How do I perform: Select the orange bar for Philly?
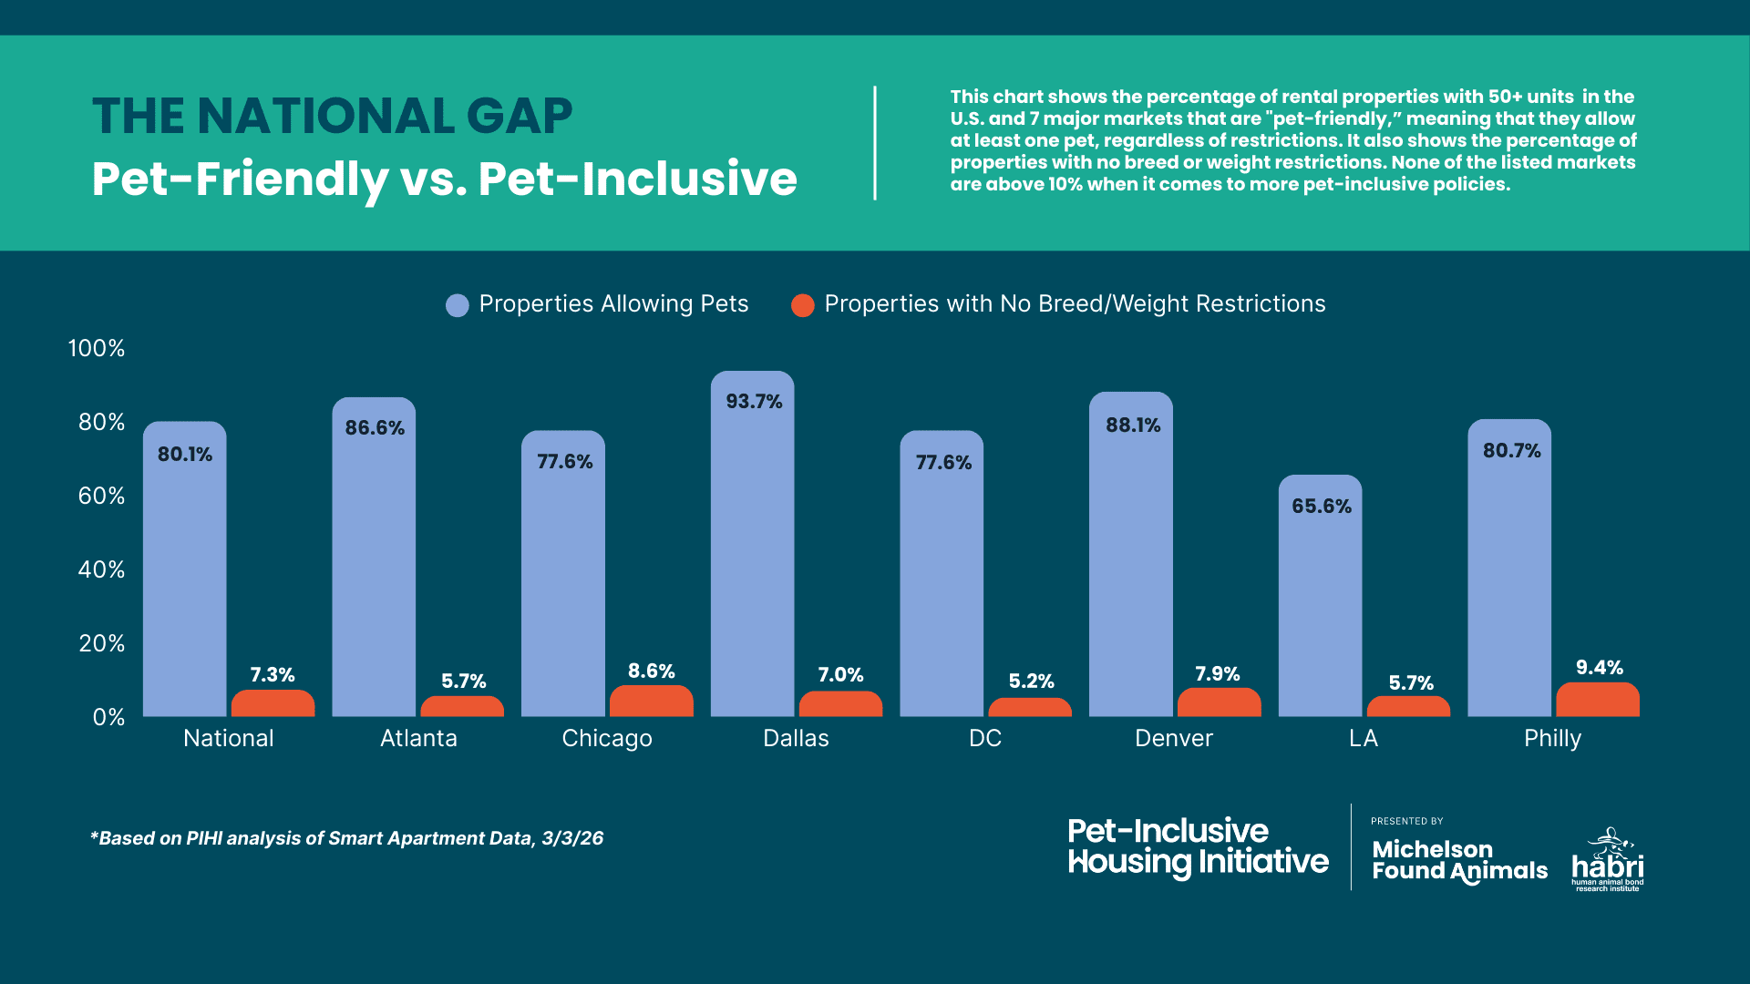point(1598,701)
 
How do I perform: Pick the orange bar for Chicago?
point(651,702)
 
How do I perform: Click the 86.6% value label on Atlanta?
point(375,428)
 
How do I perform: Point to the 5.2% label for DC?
point(1031,682)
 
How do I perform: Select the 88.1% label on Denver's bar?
point(1133,425)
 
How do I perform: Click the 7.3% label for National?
point(273,675)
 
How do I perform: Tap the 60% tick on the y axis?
point(101,497)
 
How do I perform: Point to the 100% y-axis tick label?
point(97,348)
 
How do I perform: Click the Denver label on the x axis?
point(1174,739)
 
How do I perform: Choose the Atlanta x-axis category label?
point(418,739)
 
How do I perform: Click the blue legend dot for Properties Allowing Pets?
point(457,305)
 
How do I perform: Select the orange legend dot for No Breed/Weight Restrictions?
point(802,305)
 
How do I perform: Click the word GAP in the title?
point(519,117)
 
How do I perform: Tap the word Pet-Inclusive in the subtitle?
point(638,179)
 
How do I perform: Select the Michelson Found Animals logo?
point(1458,860)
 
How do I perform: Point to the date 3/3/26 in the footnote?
point(572,838)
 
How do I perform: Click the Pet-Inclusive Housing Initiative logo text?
point(1198,847)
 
